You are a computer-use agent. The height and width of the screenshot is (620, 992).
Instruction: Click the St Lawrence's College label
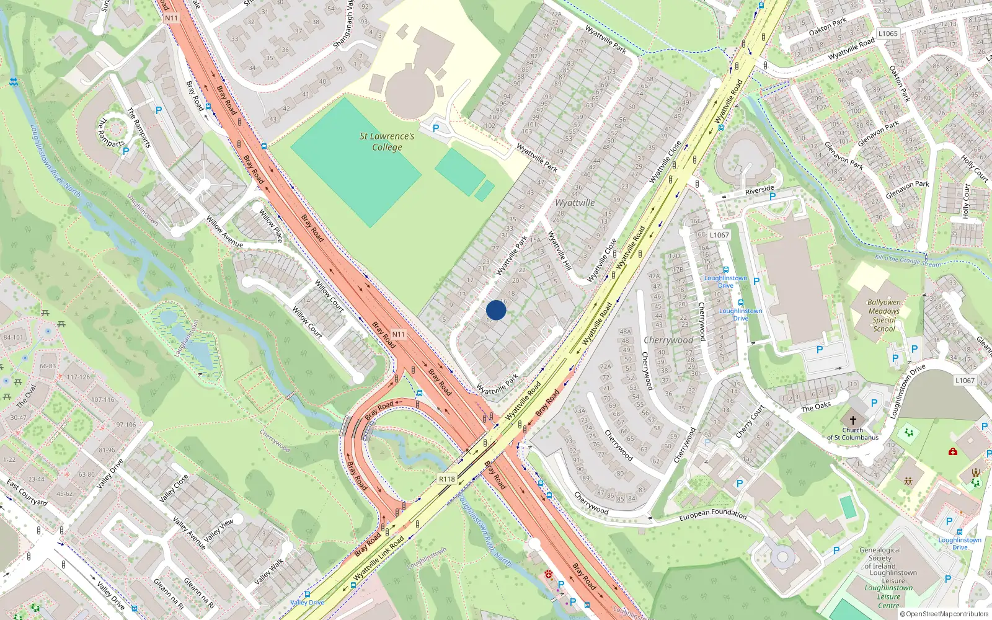click(x=387, y=141)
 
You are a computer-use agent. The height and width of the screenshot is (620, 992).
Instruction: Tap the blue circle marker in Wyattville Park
click(x=496, y=310)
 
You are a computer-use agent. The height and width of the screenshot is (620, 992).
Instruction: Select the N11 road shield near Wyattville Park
click(x=398, y=334)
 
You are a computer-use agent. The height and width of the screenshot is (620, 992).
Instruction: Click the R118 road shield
click(x=446, y=479)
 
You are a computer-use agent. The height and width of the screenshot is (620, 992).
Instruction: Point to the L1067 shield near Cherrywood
click(x=719, y=235)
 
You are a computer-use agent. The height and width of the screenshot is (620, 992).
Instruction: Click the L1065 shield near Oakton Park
click(x=888, y=33)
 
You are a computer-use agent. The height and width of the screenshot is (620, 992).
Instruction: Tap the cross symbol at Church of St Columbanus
click(x=852, y=420)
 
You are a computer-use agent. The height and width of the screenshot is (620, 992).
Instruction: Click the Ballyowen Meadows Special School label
click(x=883, y=316)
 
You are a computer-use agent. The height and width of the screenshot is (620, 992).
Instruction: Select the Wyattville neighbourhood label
click(x=575, y=203)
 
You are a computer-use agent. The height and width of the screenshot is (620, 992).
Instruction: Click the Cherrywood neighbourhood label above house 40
click(x=668, y=340)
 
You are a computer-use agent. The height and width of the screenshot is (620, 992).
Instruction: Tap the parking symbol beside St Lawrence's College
click(x=435, y=128)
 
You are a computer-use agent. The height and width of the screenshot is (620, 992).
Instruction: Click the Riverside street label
click(x=759, y=190)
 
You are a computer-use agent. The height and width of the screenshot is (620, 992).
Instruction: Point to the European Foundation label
click(x=713, y=514)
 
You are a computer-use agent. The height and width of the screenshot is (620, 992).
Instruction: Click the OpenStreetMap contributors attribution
click(x=944, y=614)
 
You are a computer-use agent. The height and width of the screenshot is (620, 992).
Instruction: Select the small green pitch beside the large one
click(x=460, y=172)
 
